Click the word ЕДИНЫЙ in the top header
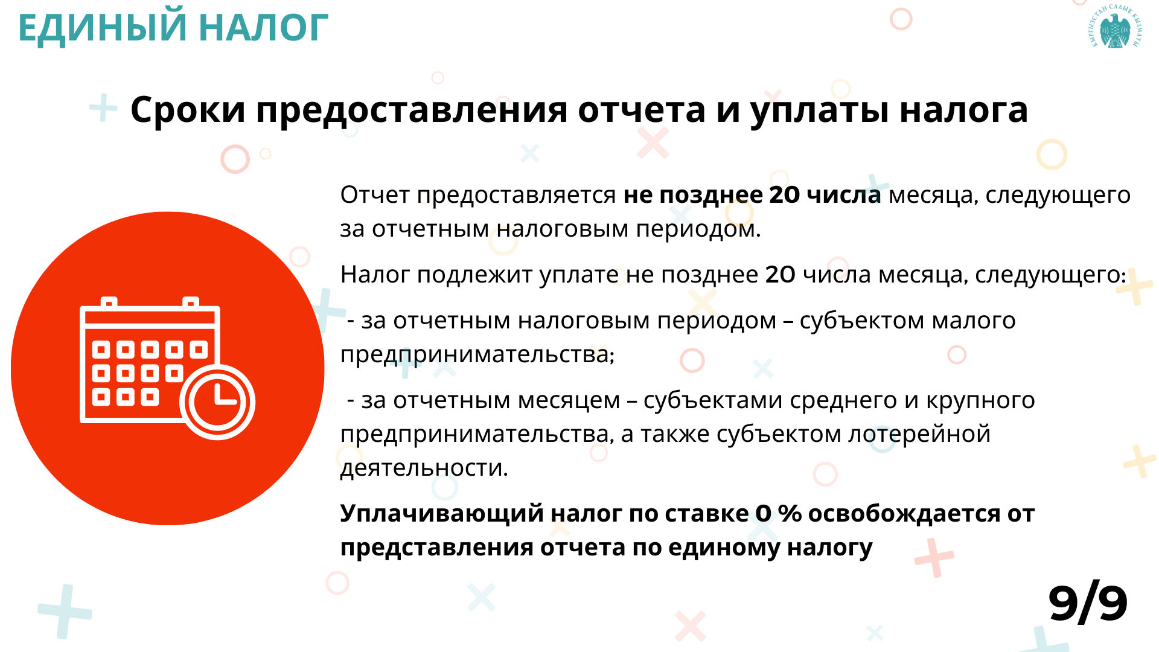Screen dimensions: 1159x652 (x=103, y=28)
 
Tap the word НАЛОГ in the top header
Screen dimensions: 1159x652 (x=263, y=28)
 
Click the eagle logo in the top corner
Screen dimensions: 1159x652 (x=1116, y=27)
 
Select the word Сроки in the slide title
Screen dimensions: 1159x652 (x=188, y=110)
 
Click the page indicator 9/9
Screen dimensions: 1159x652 (x=1088, y=603)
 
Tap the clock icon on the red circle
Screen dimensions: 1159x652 (x=217, y=402)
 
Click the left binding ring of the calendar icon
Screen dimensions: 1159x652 (x=109, y=302)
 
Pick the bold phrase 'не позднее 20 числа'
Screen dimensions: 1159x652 (x=752, y=195)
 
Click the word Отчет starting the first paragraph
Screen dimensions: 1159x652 (x=375, y=195)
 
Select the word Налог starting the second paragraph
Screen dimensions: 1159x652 (x=375, y=275)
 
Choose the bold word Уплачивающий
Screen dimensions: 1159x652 (x=442, y=514)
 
